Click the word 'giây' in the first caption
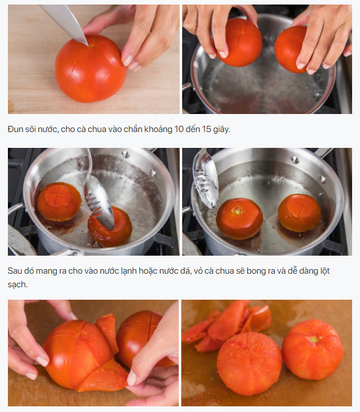[221, 130]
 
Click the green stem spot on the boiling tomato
[238, 210]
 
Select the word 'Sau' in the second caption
[15, 271]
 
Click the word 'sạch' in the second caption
[17, 285]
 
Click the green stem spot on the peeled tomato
[314, 339]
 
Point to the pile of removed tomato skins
[226, 325]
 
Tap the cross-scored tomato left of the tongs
[59, 202]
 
